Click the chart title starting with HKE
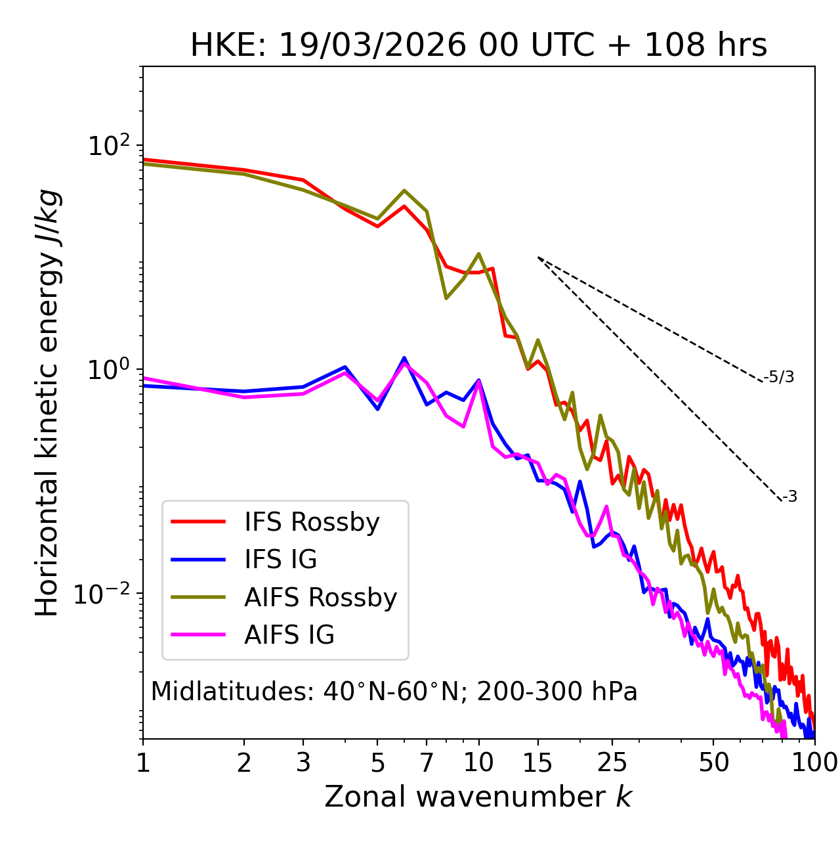coord(478,45)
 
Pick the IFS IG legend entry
coord(280,560)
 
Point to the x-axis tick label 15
coord(538,763)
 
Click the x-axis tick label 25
coord(612,763)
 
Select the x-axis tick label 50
coord(713,763)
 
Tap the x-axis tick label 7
coord(427,763)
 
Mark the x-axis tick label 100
coord(814,763)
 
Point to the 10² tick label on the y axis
coord(109,145)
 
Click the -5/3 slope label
coord(779,377)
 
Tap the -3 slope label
coord(789,497)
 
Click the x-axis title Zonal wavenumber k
coord(478,797)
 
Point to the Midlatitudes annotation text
coord(394,692)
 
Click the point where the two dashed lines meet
coord(538,257)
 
